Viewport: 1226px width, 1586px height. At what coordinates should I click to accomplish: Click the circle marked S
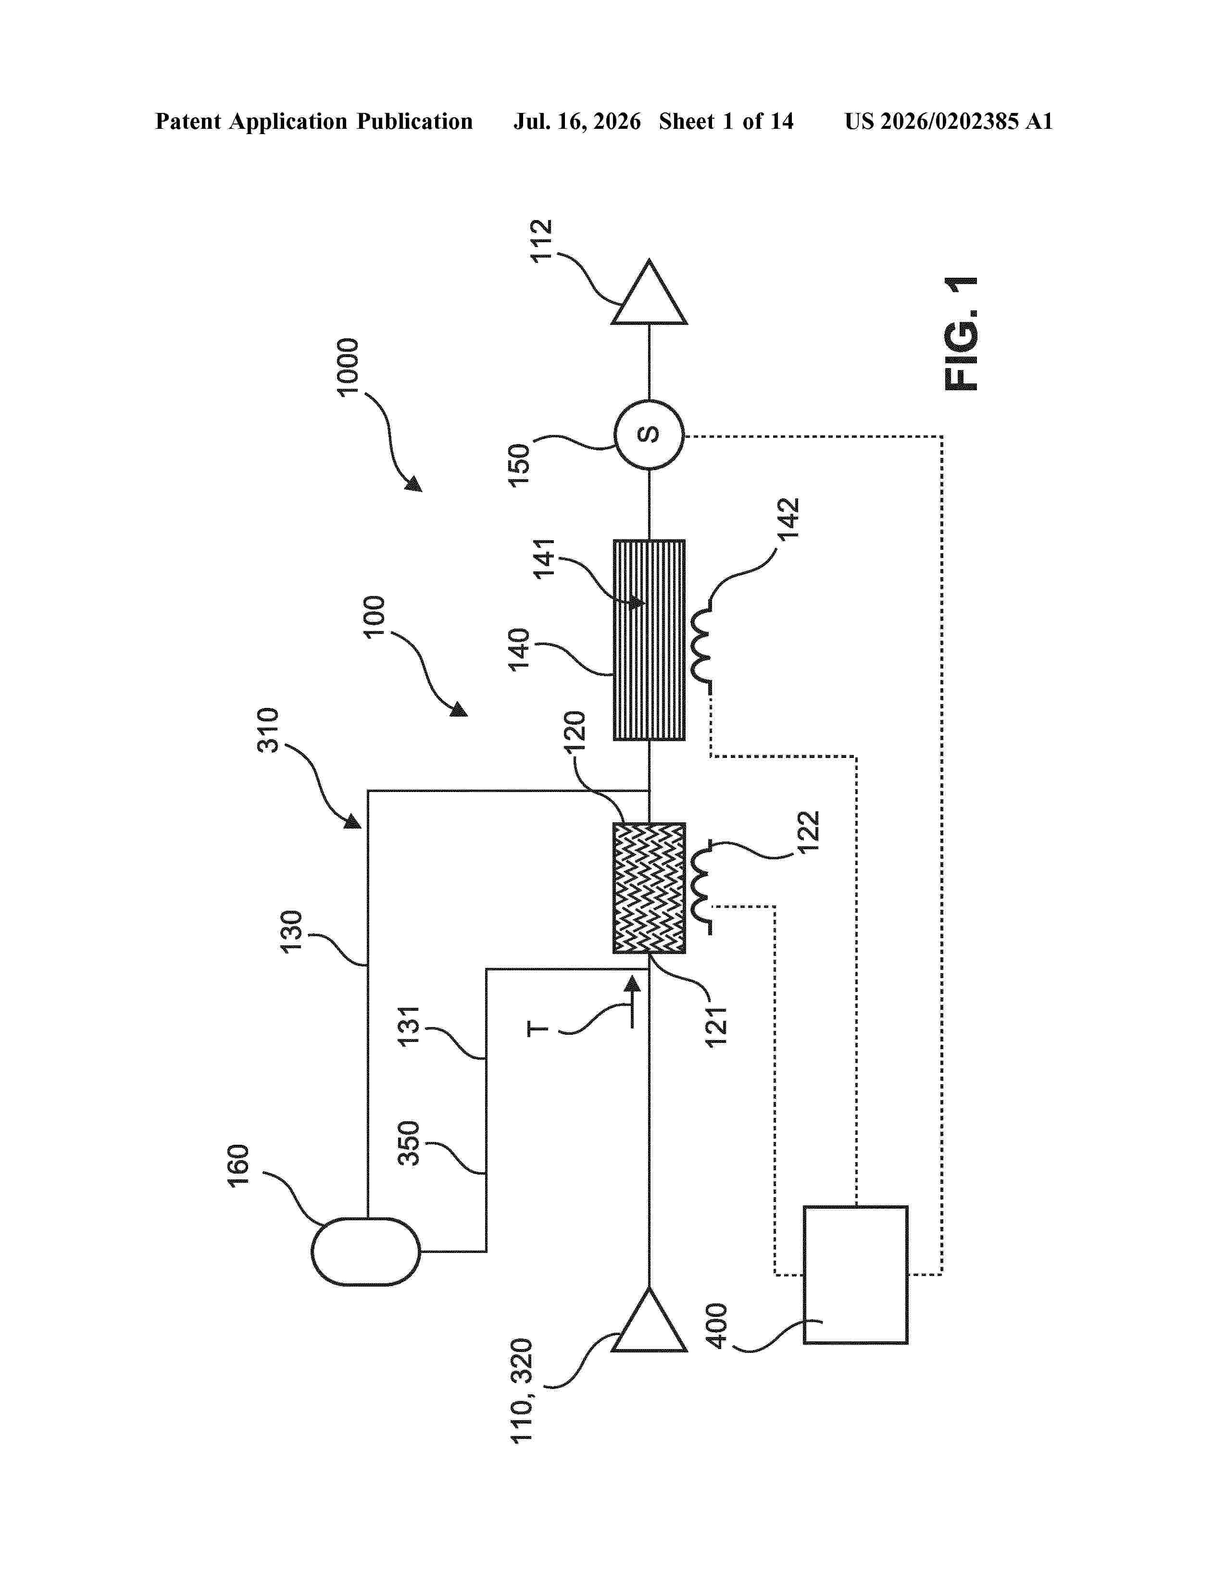[x=649, y=435]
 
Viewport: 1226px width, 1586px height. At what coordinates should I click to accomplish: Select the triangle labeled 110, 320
[x=649, y=1319]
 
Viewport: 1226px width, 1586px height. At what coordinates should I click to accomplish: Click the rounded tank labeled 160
[x=365, y=1251]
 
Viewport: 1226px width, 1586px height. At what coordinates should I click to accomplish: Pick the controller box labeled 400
[x=855, y=1275]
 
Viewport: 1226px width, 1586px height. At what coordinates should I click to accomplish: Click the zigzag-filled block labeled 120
[x=649, y=887]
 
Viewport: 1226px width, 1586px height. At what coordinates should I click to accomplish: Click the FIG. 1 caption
[x=961, y=334]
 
